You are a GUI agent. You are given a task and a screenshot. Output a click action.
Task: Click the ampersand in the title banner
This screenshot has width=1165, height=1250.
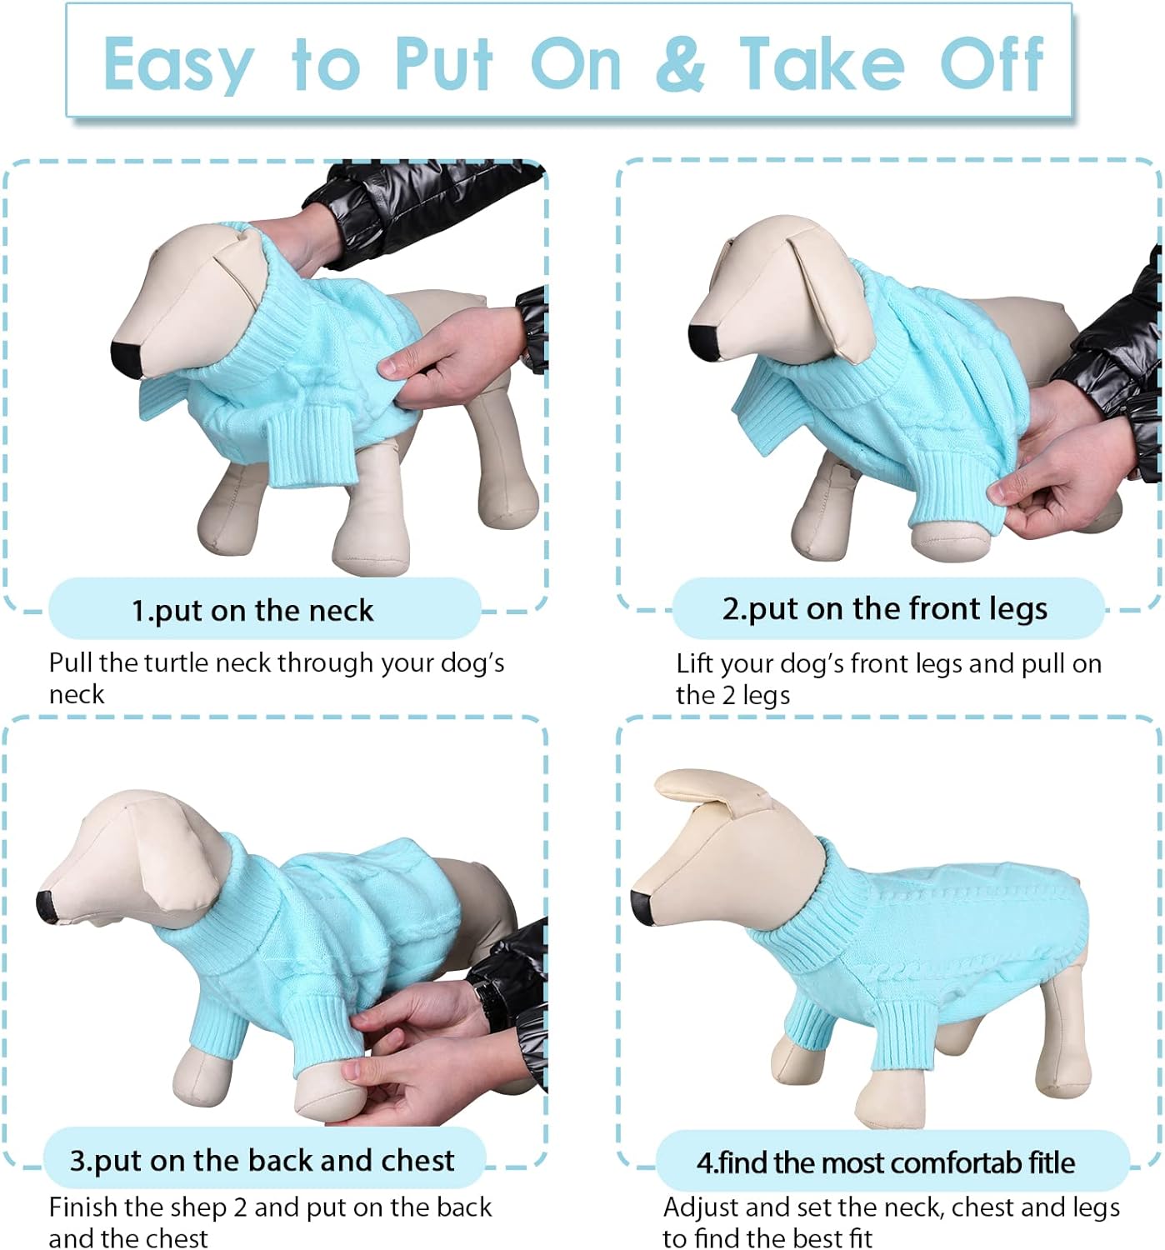pos(680,64)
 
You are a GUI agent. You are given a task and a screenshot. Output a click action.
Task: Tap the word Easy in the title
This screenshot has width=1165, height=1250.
pos(177,66)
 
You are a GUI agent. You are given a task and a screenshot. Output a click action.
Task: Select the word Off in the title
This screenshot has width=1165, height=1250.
pos(991,64)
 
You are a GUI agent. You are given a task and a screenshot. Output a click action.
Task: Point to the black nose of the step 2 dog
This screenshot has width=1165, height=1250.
pos(702,341)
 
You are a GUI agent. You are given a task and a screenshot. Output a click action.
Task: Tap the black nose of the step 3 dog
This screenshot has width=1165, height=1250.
pos(47,906)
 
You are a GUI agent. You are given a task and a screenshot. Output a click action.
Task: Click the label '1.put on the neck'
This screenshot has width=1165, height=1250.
pos(252,610)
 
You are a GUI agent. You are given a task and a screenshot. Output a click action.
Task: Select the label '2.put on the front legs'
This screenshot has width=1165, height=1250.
pos(884,608)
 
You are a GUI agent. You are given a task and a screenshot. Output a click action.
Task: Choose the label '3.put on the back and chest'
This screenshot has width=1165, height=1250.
pos(262,1160)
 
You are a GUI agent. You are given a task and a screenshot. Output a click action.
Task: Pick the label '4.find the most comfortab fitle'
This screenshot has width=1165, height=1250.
pos(885,1162)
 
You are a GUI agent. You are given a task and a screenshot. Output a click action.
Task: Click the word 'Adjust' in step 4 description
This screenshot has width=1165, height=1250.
pos(701,1207)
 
